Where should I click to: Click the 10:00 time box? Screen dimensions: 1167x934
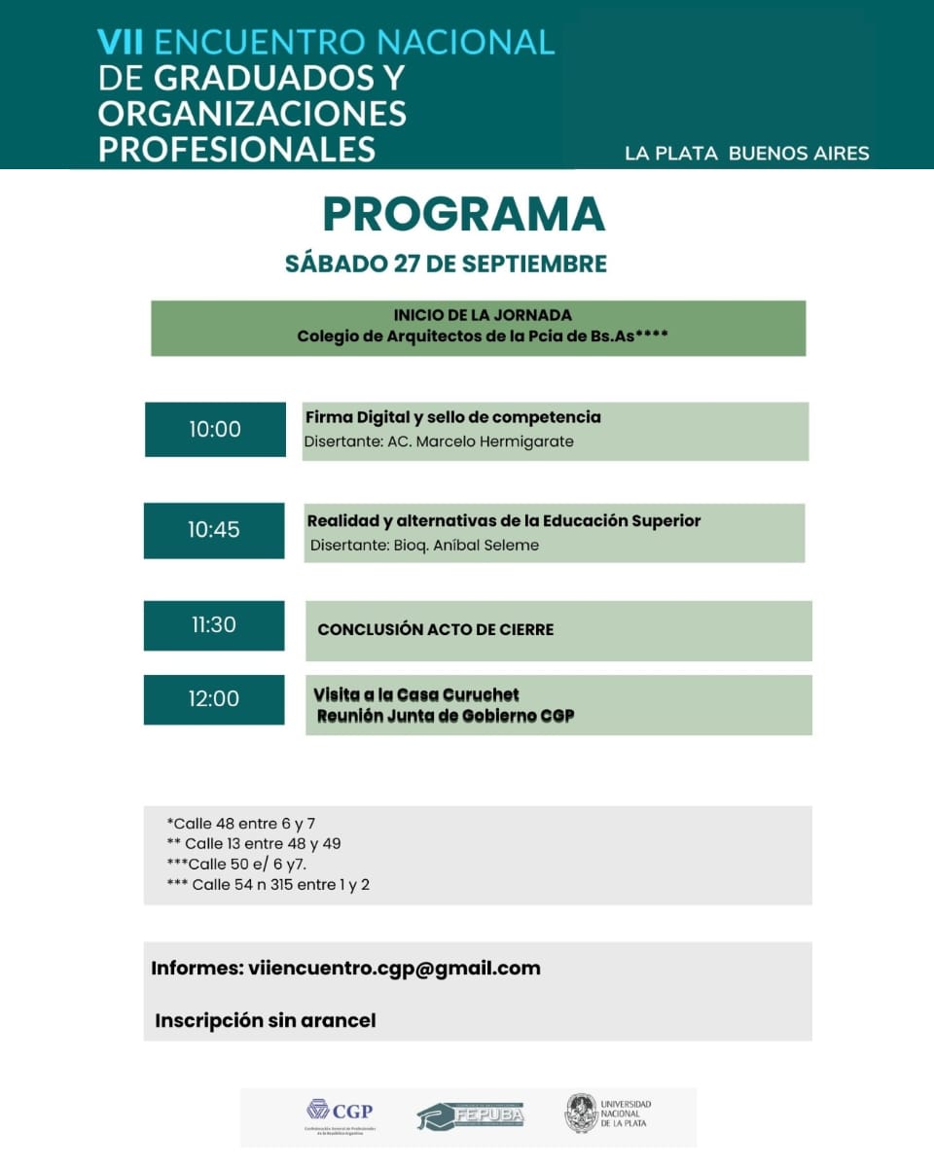point(215,429)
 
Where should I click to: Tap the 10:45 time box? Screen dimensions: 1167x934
point(214,530)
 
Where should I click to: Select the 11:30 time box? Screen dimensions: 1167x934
point(214,625)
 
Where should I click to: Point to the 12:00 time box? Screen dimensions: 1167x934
point(214,699)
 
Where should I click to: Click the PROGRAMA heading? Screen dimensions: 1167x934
point(463,215)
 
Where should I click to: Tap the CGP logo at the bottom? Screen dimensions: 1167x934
point(340,1114)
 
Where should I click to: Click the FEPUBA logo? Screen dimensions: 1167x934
point(471,1115)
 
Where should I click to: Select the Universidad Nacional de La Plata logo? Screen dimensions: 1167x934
point(608,1114)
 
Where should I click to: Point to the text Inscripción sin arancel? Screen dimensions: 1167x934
point(265,1021)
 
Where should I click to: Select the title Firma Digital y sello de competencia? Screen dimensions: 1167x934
point(452,417)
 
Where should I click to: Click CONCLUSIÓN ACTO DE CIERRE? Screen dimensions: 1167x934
point(435,630)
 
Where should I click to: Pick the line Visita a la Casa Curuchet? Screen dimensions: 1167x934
point(416,694)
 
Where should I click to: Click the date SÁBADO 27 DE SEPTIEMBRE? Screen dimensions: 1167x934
point(446,264)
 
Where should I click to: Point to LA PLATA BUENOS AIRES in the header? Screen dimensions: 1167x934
point(746,153)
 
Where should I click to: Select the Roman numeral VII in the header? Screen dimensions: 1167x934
point(122,42)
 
